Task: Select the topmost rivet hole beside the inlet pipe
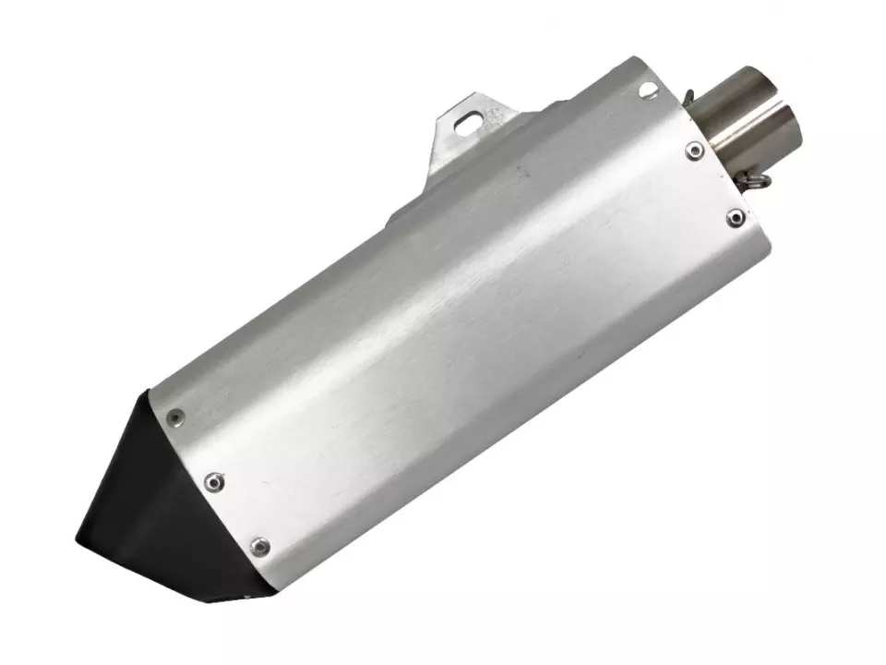click(648, 90)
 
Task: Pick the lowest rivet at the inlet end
click(735, 218)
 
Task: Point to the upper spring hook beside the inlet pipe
click(690, 94)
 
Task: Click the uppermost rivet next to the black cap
click(174, 418)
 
